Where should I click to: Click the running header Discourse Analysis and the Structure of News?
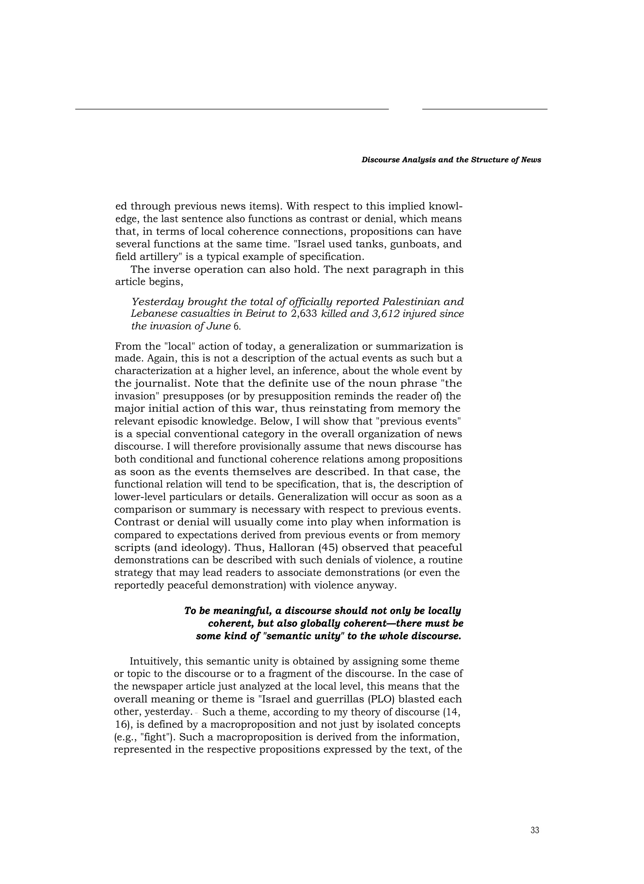tap(451, 160)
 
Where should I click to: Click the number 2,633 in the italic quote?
tap(304, 314)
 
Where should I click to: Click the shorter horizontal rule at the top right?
tap(485, 109)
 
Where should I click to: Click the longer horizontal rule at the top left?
tap(232, 109)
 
